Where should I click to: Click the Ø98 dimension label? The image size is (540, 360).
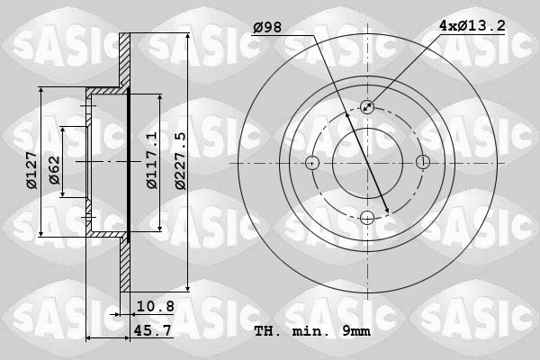click(267, 28)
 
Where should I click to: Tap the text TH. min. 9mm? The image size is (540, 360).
click(312, 331)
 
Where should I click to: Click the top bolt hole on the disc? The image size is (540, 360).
click(367, 107)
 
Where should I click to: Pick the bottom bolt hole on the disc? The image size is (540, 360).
click(367, 217)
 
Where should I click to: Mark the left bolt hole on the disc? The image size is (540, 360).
click(312, 163)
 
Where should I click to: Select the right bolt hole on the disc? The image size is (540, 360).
click(422, 163)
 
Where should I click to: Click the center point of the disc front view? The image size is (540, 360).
click(367, 163)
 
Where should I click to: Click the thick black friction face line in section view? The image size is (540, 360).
click(129, 162)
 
